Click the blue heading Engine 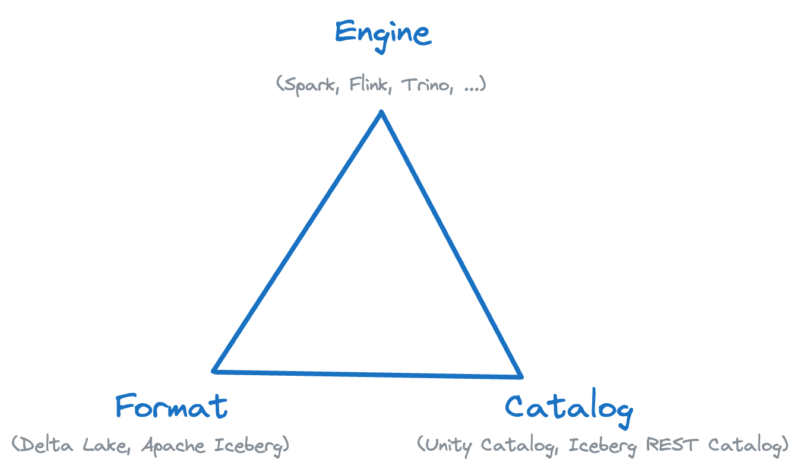point(382,33)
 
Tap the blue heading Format point(171,407)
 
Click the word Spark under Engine point(312,85)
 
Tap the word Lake point(107,445)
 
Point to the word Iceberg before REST point(600,446)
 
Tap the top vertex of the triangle point(381,112)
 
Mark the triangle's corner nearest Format point(214,371)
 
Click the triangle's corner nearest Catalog point(521,376)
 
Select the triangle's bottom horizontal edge point(367,374)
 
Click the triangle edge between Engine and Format point(297,242)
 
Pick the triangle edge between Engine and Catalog point(451,243)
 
